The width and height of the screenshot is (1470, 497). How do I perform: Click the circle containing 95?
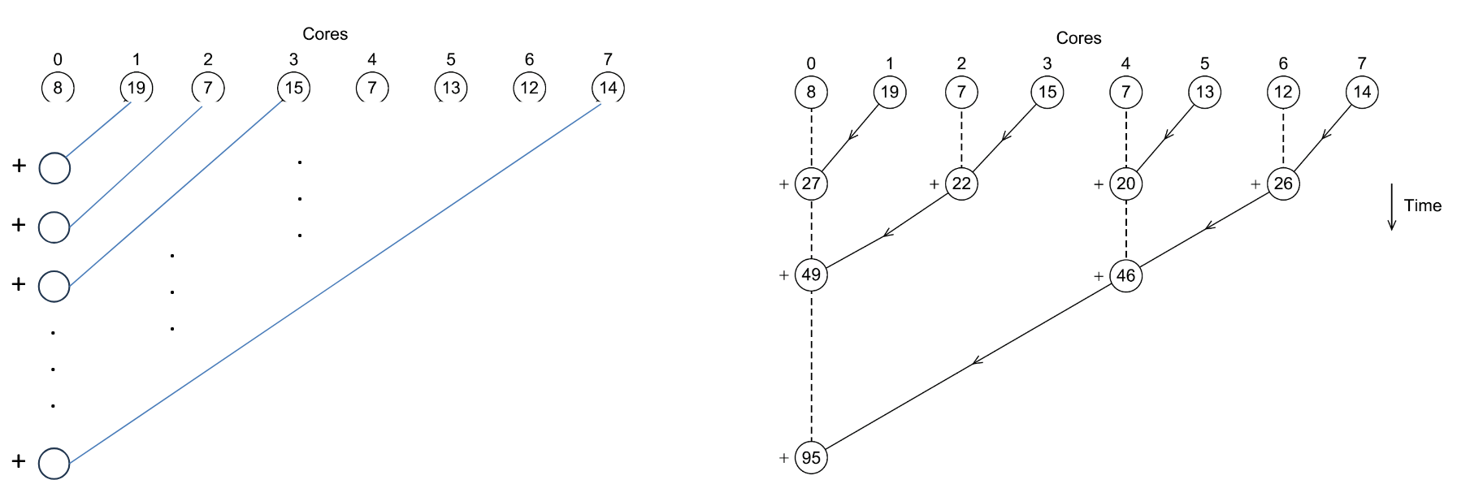(x=811, y=457)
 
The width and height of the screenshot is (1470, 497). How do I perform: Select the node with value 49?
(x=811, y=274)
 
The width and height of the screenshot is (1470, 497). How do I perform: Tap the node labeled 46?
(x=1125, y=275)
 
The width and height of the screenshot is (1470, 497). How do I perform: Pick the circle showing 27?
(x=811, y=184)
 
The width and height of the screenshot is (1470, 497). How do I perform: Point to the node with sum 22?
(x=961, y=184)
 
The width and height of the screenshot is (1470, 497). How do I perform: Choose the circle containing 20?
(x=1125, y=184)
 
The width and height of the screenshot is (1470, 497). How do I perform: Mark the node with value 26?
(x=1283, y=184)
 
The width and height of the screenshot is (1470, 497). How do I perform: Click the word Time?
(x=1422, y=206)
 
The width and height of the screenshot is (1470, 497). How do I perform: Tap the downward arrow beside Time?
(x=1391, y=207)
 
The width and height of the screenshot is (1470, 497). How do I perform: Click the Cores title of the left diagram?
(x=325, y=34)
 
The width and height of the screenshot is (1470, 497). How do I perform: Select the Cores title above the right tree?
(x=1078, y=38)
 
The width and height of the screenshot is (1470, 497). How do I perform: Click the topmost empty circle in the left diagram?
(x=54, y=168)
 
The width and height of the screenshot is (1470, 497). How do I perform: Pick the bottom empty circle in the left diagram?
(x=54, y=463)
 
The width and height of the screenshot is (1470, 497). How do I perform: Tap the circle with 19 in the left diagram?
(x=136, y=88)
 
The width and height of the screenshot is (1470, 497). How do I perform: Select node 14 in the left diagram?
(x=608, y=88)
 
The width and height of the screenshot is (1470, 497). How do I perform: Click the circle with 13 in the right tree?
(x=1204, y=92)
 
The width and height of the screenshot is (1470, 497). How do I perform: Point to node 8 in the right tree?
(x=811, y=92)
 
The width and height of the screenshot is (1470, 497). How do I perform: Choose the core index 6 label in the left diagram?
(x=529, y=59)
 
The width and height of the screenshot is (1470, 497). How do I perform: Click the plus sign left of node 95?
(x=784, y=458)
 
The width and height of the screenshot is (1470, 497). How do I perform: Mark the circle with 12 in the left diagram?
(x=529, y=88)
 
